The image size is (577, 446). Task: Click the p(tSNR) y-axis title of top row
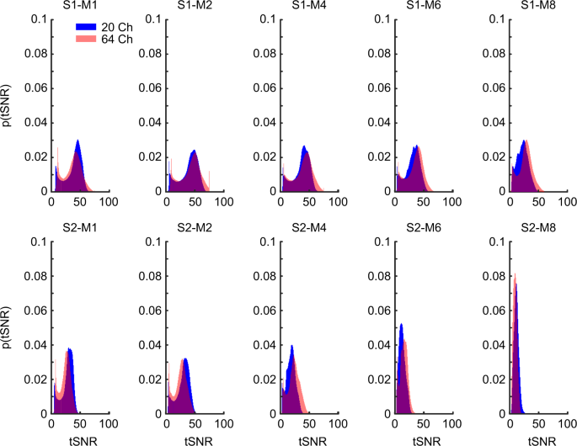(8, 104)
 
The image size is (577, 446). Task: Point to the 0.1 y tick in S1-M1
(40, 18)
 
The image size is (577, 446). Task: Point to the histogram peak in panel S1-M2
(194, 151)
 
